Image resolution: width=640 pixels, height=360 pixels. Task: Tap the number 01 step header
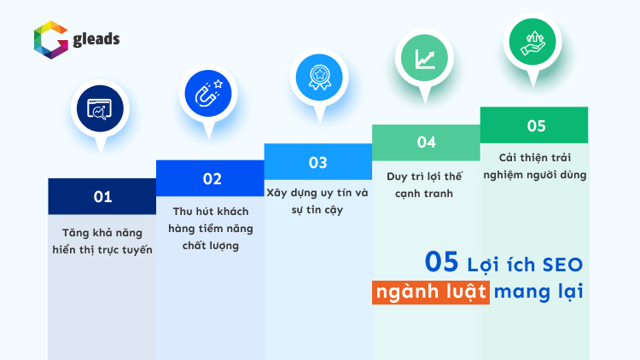[102, 196]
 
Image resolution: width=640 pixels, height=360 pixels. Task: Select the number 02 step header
[212, 178]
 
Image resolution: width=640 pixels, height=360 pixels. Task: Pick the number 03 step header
[317, 161]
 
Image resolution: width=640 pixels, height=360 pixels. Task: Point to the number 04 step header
[426, 142]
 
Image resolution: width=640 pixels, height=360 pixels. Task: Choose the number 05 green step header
[535, 125]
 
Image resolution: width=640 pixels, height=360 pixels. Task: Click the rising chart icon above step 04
[426, 57]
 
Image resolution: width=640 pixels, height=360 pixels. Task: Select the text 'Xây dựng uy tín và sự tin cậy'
[317, 200]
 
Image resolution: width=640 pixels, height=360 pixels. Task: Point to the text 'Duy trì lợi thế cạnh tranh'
[426, 184]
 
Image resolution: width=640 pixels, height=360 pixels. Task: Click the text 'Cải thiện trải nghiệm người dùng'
[535, 165]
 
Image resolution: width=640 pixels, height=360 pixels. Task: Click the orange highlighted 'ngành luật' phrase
[431, 291]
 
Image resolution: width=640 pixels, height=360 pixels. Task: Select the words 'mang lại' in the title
[538, 291]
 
